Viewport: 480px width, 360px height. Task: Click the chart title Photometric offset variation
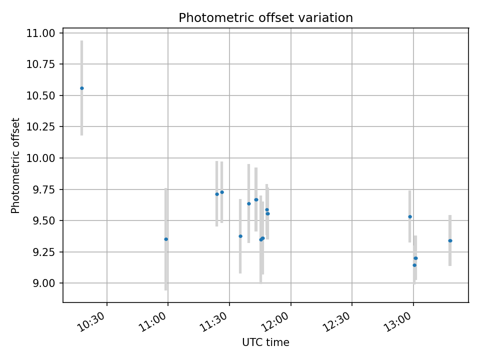point(265,18)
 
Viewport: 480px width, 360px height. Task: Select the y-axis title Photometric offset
point(16,165)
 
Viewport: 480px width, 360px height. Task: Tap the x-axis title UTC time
point(265,342)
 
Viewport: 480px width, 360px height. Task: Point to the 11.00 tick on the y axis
point(42,33)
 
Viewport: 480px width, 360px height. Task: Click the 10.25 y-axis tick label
point(42,126)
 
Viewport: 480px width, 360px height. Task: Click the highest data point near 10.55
point(82,88)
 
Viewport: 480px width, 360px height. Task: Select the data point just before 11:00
point(166,239)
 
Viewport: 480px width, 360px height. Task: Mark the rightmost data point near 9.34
point(450,240)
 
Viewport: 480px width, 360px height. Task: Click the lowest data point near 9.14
point(414,265)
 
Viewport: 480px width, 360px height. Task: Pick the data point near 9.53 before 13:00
point(410,216)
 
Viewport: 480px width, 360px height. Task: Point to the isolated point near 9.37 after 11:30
point(240,236)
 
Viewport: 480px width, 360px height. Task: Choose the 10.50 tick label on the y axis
point(42,95)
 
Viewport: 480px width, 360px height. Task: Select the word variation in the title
point(329,18)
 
